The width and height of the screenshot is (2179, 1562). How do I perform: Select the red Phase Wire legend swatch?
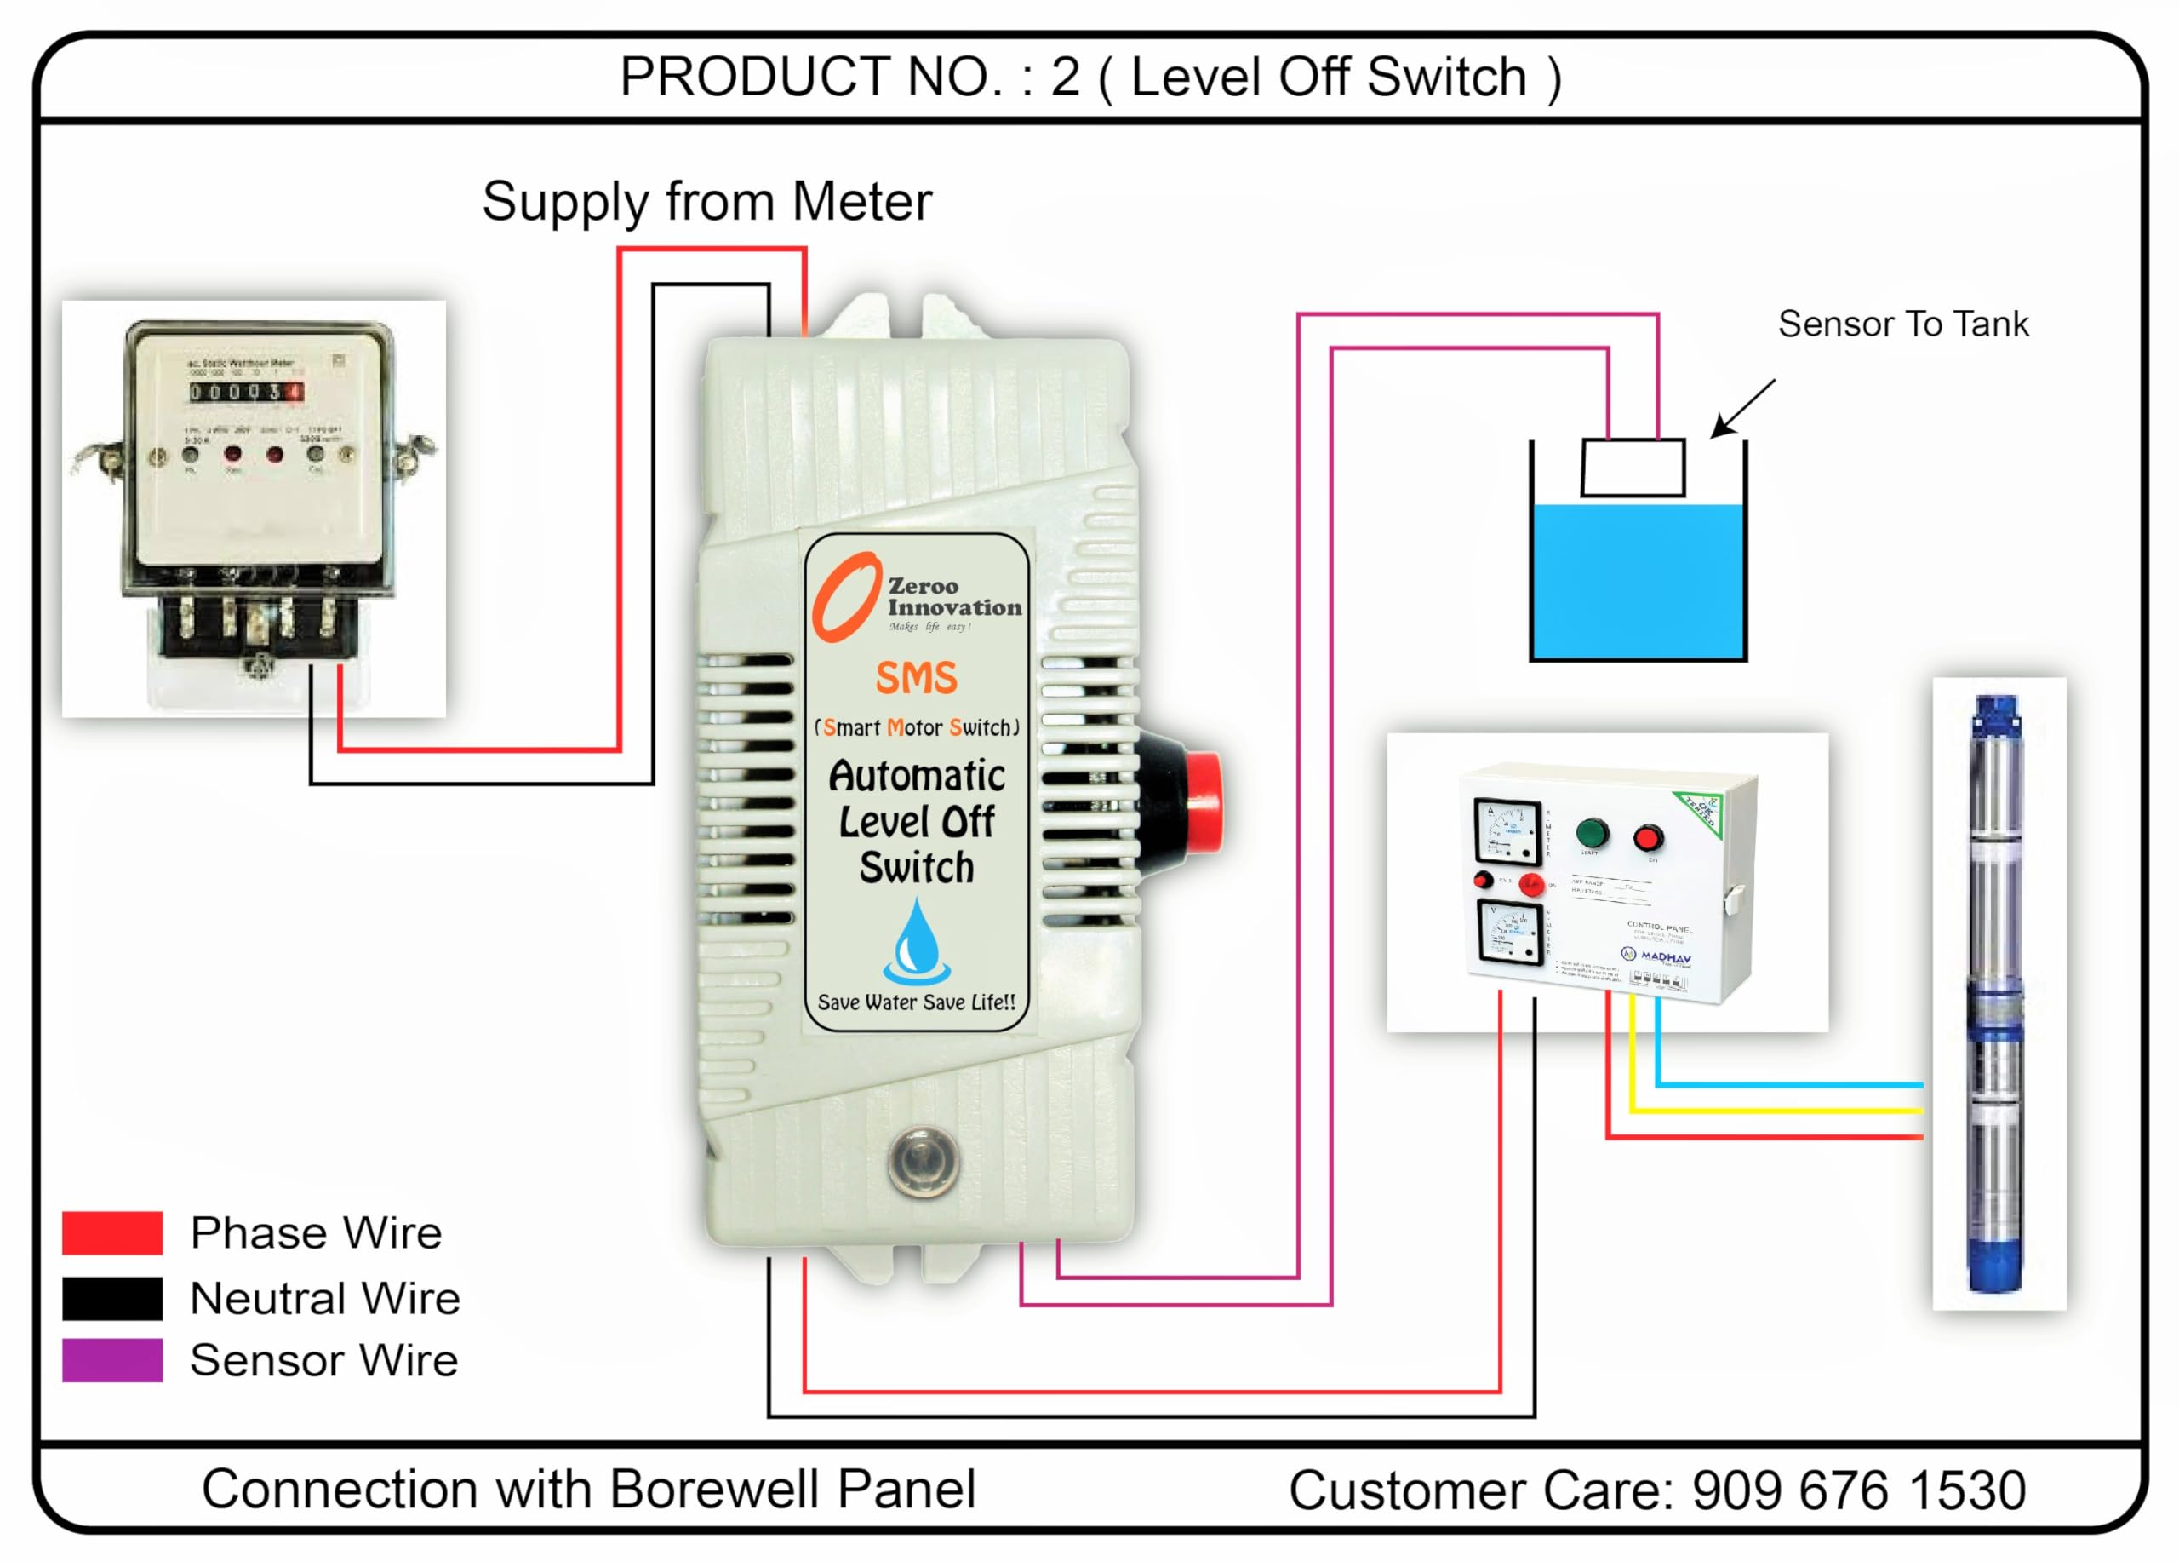(x=112, y=1233)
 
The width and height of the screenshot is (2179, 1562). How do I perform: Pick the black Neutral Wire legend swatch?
(x=112, y=1299)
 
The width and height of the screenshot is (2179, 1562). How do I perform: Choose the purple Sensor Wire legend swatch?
(x=112, y=1360)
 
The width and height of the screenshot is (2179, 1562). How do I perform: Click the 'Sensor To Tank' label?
(x=1902, y=324)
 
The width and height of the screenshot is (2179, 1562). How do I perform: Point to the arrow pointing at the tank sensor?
(x=1744, y=409)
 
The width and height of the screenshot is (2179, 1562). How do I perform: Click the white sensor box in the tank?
(x=1633, y=468)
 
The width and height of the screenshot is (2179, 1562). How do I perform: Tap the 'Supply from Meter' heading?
(x=707, y=202)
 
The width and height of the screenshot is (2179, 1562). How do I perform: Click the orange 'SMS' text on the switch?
(x=917, y=679)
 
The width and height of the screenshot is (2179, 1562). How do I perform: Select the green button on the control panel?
(x=1592, y=832)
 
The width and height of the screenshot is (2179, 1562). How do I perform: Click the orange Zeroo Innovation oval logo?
(x=845, y=597)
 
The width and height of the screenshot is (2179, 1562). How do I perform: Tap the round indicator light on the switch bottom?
(x=923, y=1162)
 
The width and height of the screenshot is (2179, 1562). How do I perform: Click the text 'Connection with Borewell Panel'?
(x=588, y=1490)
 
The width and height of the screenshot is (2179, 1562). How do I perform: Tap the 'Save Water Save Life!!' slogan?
(x=916, y=1002)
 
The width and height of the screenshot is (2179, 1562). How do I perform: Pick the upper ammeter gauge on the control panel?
(x=1507, y=830)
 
